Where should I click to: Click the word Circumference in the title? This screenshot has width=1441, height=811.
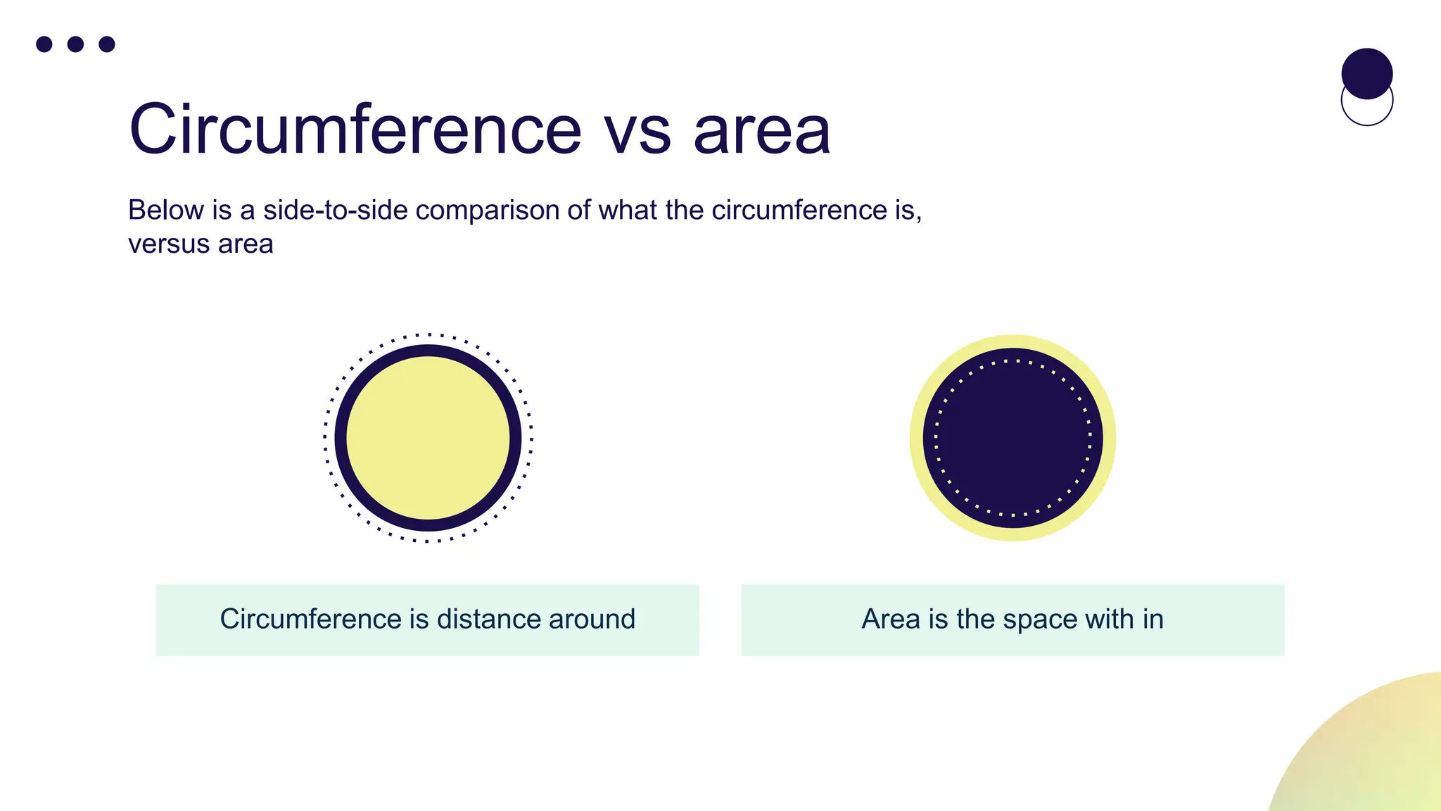[355, 130]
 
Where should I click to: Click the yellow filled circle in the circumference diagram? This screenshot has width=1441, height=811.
[428, 437]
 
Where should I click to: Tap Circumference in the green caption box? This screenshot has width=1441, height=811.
[310, 619]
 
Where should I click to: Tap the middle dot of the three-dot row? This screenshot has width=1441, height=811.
[75, 44]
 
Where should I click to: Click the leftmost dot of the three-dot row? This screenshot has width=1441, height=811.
[44, 44]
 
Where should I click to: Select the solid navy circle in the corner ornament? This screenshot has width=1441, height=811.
[1366, 72]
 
